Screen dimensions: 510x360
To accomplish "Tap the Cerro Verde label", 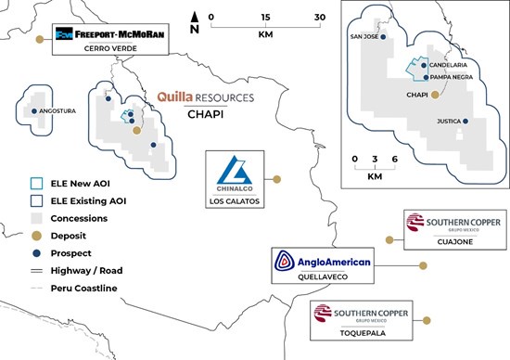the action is (110, 48).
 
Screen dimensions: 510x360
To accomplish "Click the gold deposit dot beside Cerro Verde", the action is (40, 39).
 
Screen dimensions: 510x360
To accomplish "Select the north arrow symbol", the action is (195, 23).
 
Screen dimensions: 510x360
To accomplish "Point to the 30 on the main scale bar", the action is (320, 18).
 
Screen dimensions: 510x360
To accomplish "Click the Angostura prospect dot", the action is (34, 111).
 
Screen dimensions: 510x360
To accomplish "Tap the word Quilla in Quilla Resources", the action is (175, 97).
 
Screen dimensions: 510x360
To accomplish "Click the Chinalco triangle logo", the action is (235, 170).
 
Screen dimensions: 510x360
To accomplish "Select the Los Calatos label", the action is (235, 201).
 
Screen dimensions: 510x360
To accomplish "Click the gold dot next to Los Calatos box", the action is (277, 179).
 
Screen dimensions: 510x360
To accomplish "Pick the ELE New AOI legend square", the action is (36, 184).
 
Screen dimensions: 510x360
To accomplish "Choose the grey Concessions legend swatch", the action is (36, 218).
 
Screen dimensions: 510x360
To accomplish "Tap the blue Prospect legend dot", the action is (37, 253).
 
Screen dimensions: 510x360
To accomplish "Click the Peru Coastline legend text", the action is (83, 288).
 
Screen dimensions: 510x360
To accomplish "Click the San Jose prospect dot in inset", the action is (383, 37).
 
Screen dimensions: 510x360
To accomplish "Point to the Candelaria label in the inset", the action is (448, 65).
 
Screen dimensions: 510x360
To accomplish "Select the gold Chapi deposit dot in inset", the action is (435, 95).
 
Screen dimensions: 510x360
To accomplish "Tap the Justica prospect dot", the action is (465, 122).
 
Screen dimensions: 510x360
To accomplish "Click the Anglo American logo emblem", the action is (285, 261).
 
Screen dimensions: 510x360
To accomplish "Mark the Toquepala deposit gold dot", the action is (427, 321).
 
